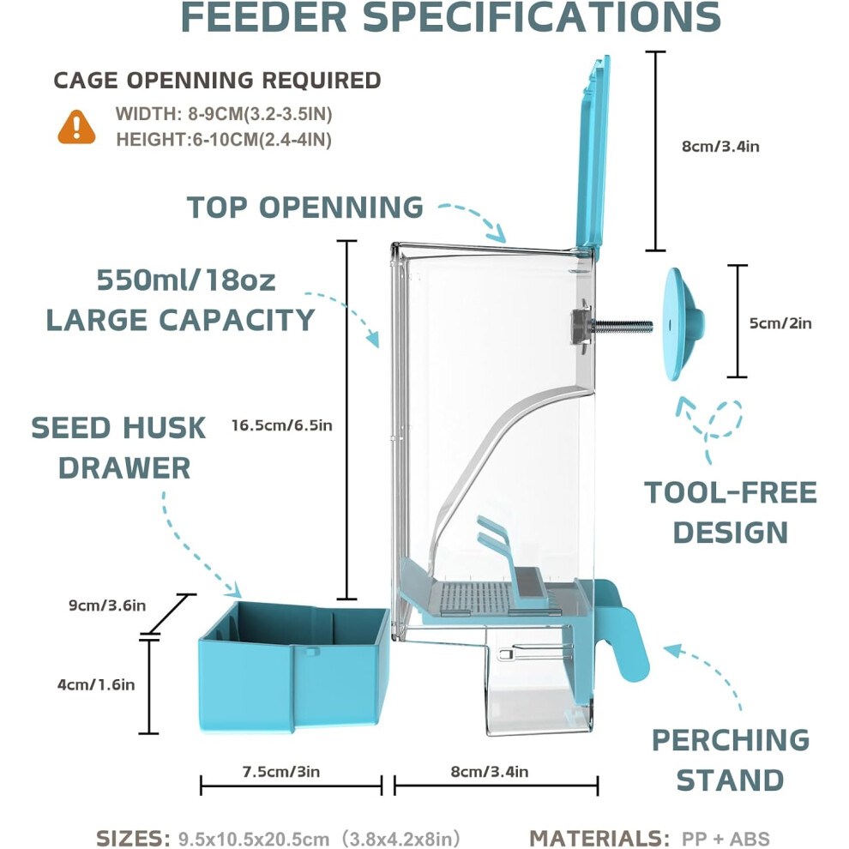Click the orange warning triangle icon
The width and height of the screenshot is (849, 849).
tap(76, 128)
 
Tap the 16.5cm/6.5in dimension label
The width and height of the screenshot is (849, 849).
tap(281, 425)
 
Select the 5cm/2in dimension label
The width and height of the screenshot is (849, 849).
tap(780, 323)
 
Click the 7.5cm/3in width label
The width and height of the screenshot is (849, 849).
tap(281, 771)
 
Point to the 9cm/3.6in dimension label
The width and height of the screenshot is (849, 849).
tap(107, 605)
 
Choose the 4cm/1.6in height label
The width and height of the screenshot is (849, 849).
tap(96, 684)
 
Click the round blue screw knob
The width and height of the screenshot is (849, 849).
tap(683, 324)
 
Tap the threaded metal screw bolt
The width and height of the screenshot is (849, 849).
tap(623, 326)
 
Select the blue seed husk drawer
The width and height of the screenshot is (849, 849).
tap(294, 666)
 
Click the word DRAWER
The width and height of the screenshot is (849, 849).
tap(124, 468)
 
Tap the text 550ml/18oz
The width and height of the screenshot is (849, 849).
tap(186, 280)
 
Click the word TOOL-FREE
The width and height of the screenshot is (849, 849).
tap(731, 492)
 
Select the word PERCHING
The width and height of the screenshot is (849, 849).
tap(731, 739)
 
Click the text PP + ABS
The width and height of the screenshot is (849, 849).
tap(726, 838)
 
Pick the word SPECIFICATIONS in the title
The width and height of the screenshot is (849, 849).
tap(541, 17)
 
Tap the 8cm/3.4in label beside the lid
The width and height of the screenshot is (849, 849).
tap(720, 146)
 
